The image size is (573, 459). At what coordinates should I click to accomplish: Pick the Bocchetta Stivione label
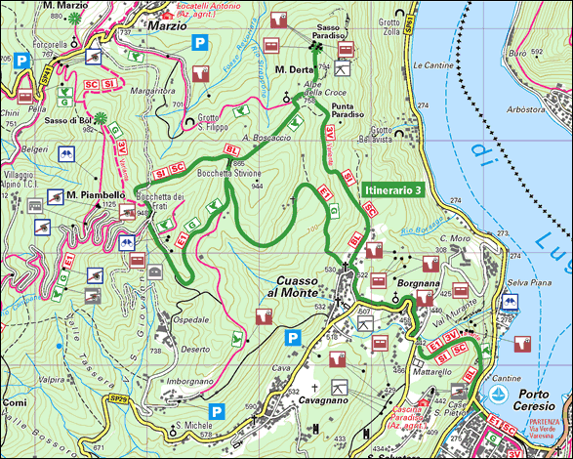click(x=229, y=173)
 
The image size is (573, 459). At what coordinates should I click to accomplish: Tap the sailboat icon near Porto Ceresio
click(x=499, y=395)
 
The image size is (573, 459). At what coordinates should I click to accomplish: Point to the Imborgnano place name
click(x=189, y=381)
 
